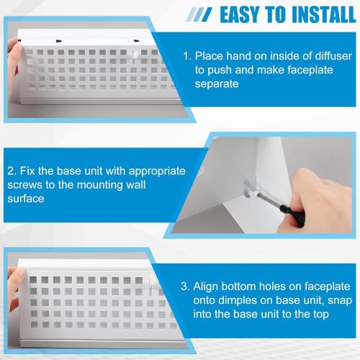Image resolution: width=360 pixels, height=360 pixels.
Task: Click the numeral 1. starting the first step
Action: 187,55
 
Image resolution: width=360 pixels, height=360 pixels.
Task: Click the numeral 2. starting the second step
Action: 13,171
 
